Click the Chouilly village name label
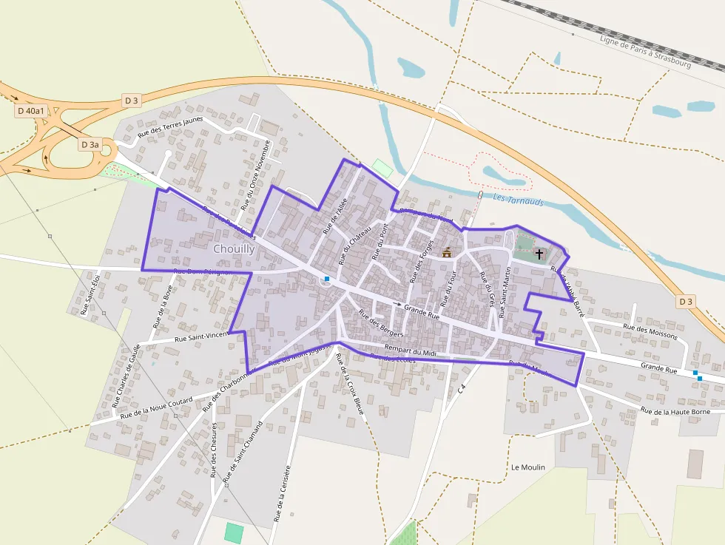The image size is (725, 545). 234,249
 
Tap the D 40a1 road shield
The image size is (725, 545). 30,111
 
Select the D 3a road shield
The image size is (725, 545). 90,144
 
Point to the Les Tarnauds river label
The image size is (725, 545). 518,200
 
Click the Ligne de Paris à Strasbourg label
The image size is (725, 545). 645,52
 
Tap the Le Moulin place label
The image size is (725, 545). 527,467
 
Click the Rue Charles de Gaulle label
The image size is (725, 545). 126,380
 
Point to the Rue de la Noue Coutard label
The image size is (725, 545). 156,405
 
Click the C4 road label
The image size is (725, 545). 462,387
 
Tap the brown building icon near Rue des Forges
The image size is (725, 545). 447,252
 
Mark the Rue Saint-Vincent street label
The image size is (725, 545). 201,337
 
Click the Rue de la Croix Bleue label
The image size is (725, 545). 349,384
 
